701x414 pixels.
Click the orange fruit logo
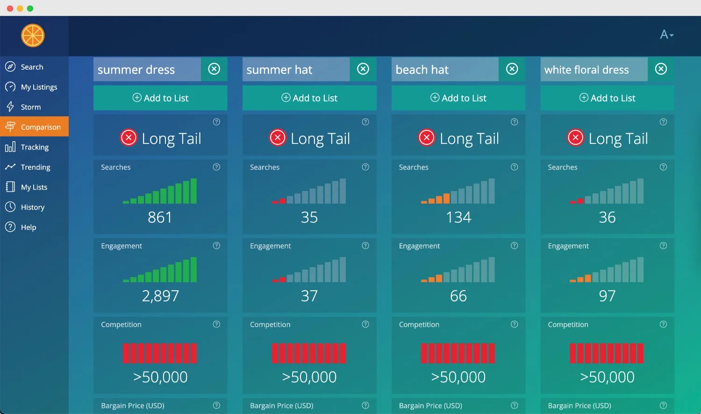[33, 36]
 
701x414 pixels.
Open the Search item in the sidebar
[31, 67]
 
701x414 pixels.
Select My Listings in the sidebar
[38, 87]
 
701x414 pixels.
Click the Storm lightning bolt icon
[10, 107]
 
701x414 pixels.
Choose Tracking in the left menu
[34, 147]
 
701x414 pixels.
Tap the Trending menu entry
[35, 167]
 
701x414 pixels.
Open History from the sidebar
[32, 207]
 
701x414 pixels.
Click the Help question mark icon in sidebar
[10, 227]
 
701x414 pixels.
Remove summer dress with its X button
[214, 69]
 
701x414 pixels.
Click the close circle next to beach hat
[512, 69]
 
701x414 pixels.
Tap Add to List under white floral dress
[607, 98]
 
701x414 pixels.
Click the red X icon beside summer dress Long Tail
[129, 138]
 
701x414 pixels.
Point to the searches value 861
[160, 217]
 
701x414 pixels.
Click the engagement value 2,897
[160, 296]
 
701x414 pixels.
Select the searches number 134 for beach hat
[458, 217]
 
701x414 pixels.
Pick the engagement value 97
[607, 296]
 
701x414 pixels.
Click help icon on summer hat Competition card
[365, 324]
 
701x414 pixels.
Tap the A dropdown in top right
[666, 35]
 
